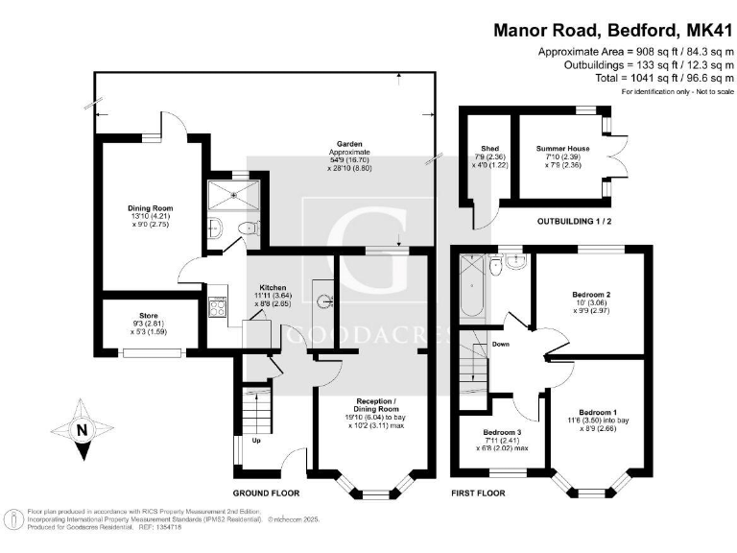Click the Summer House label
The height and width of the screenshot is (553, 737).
562,149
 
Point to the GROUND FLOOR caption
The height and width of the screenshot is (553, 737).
266,493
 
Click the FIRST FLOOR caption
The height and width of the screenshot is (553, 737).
478,493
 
